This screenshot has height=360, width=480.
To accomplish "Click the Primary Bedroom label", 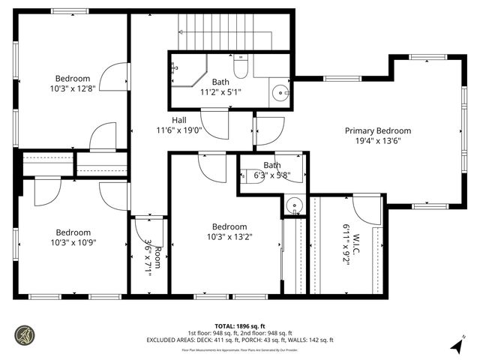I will tap(377, 130).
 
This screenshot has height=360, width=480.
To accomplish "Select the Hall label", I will tap(179, 120).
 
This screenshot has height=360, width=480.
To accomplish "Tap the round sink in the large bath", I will tap(279, 94).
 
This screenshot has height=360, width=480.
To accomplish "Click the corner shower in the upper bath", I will tap(185, 73).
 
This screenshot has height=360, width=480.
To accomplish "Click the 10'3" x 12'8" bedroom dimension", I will tap(72, 88).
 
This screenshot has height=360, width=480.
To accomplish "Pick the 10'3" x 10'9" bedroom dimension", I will tap(72, 242).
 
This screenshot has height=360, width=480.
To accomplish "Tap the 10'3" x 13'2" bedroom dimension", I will tap(229, 237).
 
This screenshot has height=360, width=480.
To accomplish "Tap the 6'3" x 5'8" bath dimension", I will tap(271, 175).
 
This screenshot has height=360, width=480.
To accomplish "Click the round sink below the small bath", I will tap(294, 204).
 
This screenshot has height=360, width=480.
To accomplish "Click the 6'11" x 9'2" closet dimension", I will tap(346, 246).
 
